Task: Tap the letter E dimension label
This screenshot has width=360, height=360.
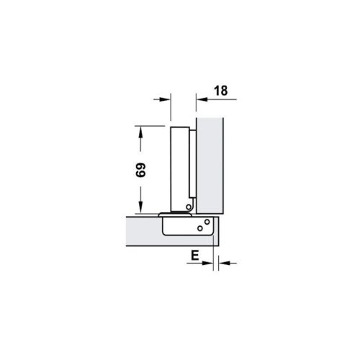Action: [x=194, y=254]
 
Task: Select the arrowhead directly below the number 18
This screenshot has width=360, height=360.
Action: [x=198, y=99]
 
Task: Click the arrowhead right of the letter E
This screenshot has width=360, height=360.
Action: [x=209, y=264]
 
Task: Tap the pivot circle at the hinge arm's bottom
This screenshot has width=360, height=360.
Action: [x=188, y=207]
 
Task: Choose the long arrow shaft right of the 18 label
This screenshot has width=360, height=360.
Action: [x=223, y=99]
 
